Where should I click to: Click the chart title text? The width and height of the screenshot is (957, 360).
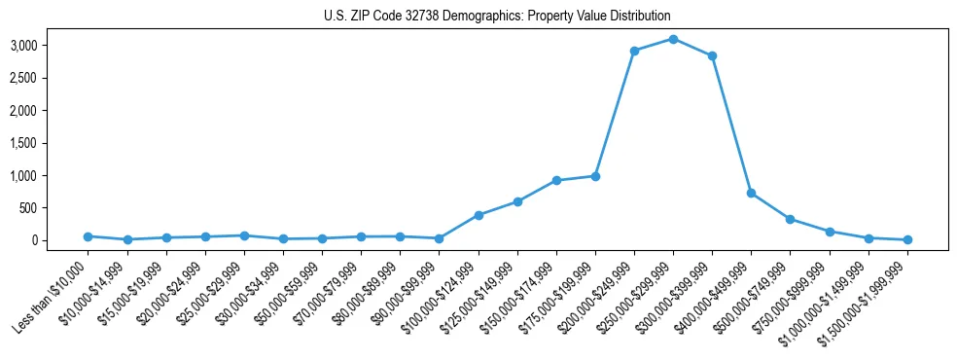tap(497, 17)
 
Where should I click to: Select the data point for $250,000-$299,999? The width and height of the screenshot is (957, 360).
tap(673, 39)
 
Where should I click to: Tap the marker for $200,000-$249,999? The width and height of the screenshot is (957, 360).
tap(634, 51)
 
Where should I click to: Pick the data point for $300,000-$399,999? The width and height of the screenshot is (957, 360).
tap(712, 55)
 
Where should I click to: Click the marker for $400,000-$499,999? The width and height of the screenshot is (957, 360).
tap(751, 193)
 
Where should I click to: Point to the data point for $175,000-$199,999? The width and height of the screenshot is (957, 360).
tap(595, 176)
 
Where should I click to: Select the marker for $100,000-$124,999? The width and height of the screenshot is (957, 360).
tap(478, 215)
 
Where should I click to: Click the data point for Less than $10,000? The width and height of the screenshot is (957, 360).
tap(89, 236)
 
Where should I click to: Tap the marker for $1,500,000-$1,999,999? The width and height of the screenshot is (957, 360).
tap(907, 239)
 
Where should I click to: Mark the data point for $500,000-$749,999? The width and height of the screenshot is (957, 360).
tap(790, 219)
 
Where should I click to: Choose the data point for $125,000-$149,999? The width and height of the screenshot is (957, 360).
tap(517, 201)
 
